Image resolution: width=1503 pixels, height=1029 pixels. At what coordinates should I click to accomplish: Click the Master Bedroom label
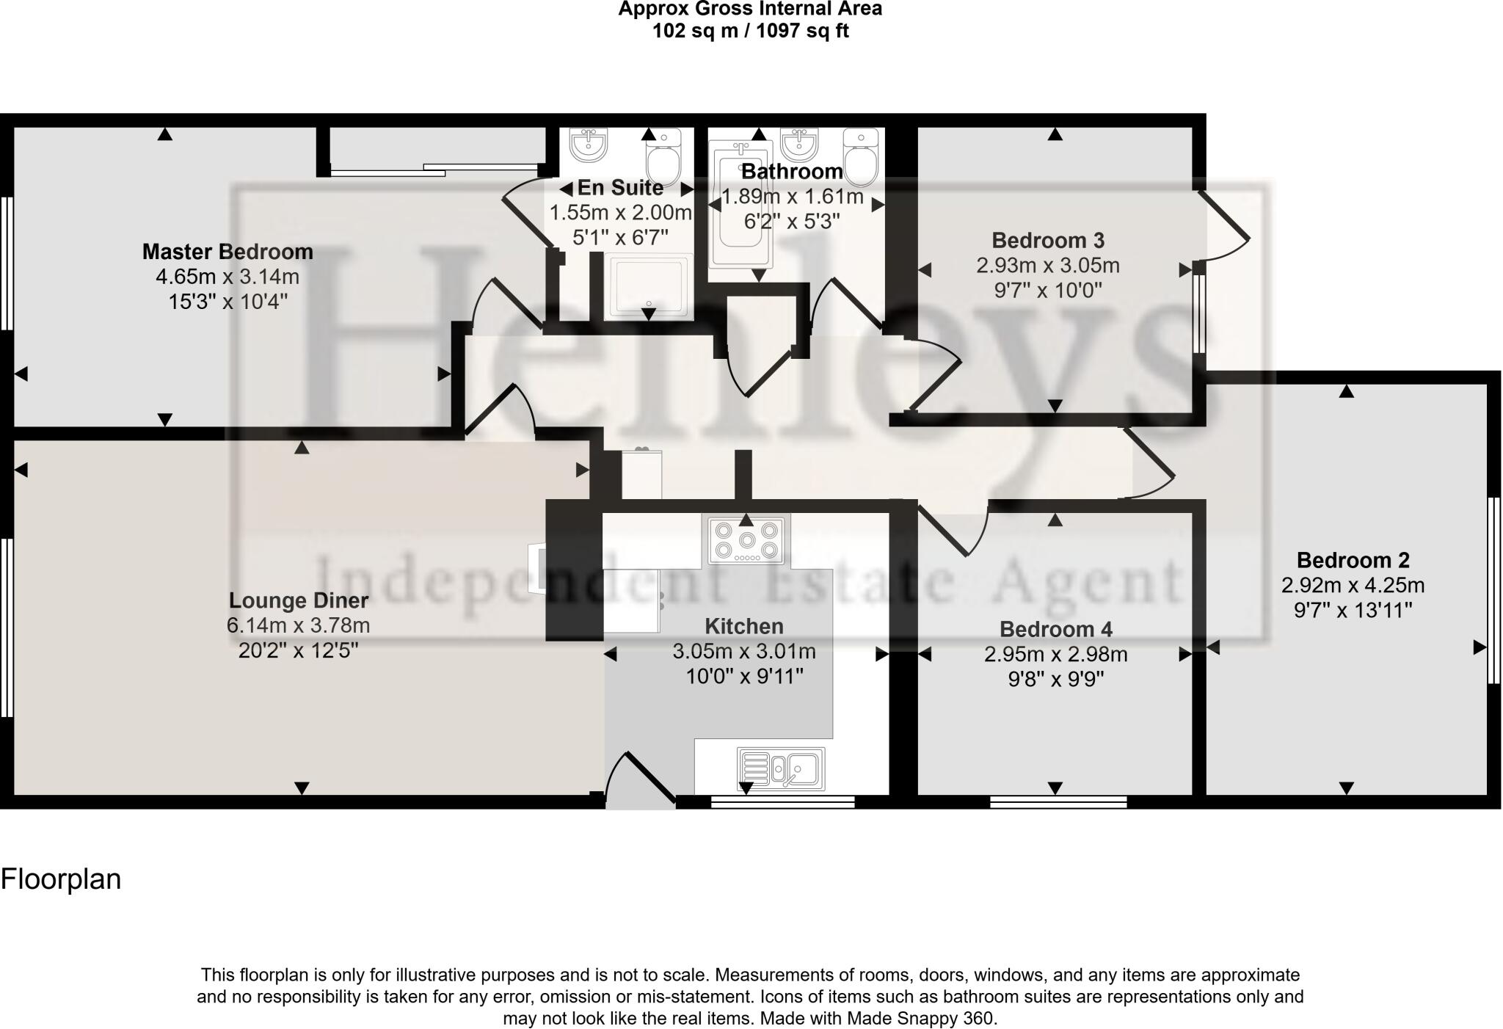point(228,252)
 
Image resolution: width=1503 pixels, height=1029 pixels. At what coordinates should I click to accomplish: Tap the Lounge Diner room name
point(298,600)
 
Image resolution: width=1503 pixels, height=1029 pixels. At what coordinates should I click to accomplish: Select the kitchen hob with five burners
point(746,541)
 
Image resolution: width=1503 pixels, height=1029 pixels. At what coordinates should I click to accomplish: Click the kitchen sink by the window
point(781,768)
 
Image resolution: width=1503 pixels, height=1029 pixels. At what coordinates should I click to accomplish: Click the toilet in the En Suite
point(663,156)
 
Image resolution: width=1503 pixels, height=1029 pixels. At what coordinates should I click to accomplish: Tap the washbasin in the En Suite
point(589,144)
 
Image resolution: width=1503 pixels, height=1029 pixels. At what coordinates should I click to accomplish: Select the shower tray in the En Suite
point(649,286)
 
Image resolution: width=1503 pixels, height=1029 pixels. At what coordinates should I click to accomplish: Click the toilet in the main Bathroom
point(861,156)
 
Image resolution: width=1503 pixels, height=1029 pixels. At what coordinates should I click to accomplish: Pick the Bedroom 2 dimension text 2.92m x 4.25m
point(1353,586)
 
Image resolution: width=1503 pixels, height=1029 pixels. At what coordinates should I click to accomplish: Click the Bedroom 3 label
point(1047,240)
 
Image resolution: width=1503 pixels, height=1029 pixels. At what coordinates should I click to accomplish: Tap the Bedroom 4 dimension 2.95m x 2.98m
point(1055,654)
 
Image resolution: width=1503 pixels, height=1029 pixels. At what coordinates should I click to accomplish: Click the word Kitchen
point(743,626)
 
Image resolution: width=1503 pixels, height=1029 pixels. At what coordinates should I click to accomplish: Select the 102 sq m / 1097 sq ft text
point(750,31)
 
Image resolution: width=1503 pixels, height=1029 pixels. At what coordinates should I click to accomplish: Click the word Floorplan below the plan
point(61,879)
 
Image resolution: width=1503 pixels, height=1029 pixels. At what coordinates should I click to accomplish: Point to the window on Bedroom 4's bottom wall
point(1058,801)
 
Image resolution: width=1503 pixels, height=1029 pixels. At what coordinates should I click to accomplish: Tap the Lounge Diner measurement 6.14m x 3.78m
point(298,625)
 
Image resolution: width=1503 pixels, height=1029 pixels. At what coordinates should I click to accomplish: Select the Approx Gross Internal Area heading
point(750,9)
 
